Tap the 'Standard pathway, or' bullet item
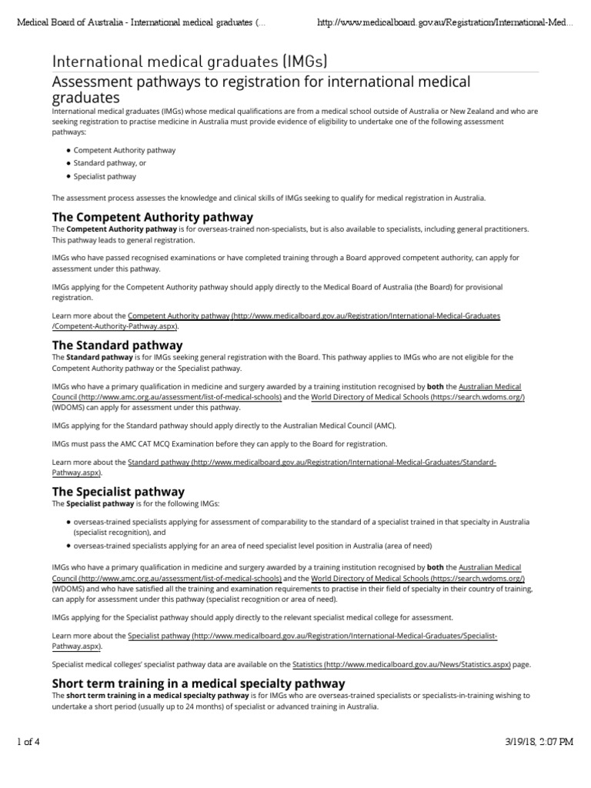(x=110, y=163)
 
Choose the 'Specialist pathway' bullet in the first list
(x=105, y=176)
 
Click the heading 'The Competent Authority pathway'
(x=152, y=216)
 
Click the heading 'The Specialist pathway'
(x=118, y=491)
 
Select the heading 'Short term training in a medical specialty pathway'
(x=198, y=683)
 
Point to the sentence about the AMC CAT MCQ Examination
(x=214, y=443)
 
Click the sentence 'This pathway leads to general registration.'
(x=123, y=240)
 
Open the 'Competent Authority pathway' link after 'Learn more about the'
(x=314, y=316)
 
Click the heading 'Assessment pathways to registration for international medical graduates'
(x=260, y=88)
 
